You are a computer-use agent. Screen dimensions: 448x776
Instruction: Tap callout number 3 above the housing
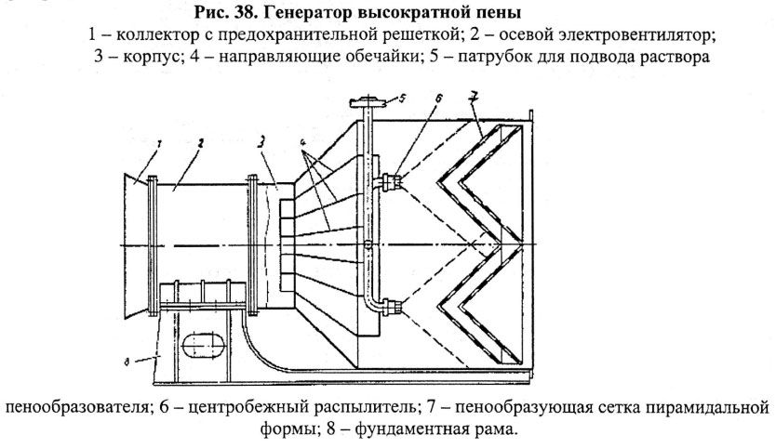point(265,139)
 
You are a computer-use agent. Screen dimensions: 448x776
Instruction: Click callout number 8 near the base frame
point(127,354)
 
